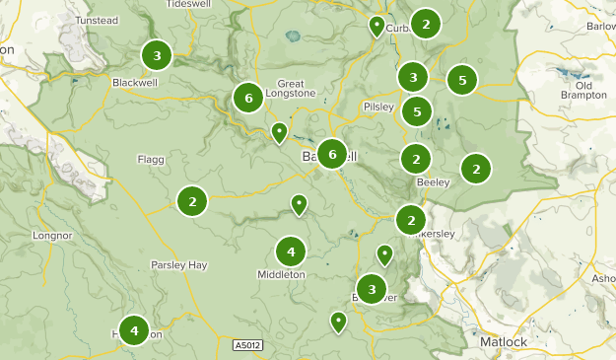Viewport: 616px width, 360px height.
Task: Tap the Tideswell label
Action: tap(190, 4)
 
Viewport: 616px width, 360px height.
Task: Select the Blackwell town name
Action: tap(135, 82)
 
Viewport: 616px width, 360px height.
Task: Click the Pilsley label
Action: tap(378, 106)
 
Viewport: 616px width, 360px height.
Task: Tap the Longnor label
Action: tap(52, 236)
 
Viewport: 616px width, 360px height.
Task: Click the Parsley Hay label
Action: tap(178, 264)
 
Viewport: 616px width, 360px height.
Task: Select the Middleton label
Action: tap(281, 274)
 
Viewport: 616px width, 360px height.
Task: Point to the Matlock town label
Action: tap(505, 341)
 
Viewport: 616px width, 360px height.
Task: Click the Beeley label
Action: tap(433, 182)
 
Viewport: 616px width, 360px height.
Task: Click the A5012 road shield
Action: tap(249, 345)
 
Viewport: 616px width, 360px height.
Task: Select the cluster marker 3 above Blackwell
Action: tap(156, 54)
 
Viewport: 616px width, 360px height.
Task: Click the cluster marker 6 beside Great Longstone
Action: tap(248, 98)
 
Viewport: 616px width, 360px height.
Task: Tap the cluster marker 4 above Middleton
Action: tap(291, 252)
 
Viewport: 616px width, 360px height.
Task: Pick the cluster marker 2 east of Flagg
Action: tap(192, 201)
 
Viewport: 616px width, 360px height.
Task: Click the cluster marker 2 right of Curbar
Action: tap(426, 23)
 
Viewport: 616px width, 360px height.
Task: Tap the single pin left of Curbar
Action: tap(376, 25)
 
